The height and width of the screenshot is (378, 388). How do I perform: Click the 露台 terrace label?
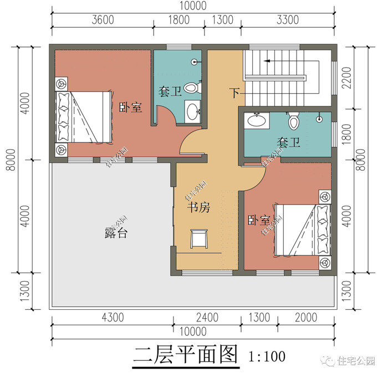point(116,233)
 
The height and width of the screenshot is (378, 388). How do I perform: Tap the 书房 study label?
point(198,208)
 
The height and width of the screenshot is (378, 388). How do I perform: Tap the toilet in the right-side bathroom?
point(293,120)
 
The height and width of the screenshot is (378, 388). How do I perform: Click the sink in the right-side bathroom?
point(256,120)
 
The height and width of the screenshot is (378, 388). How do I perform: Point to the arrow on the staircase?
point(267,60)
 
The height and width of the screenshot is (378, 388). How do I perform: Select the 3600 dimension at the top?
point(103,20)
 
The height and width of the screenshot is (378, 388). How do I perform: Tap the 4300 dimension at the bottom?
point(113,318)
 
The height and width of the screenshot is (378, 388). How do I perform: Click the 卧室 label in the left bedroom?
point(131,108)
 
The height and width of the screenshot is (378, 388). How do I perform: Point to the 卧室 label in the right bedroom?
point(259,220)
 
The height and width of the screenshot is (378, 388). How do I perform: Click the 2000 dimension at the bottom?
point(306,318)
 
